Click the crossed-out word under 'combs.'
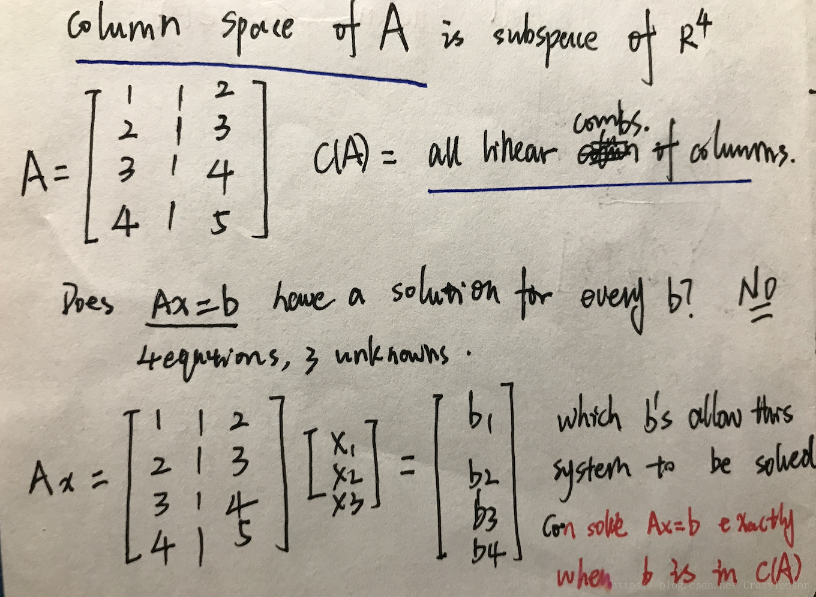click(607, 155)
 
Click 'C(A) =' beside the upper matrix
click(354, 158)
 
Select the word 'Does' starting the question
click(88, 301)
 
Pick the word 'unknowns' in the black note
click(391, 355)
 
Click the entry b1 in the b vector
click(481, 415)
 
